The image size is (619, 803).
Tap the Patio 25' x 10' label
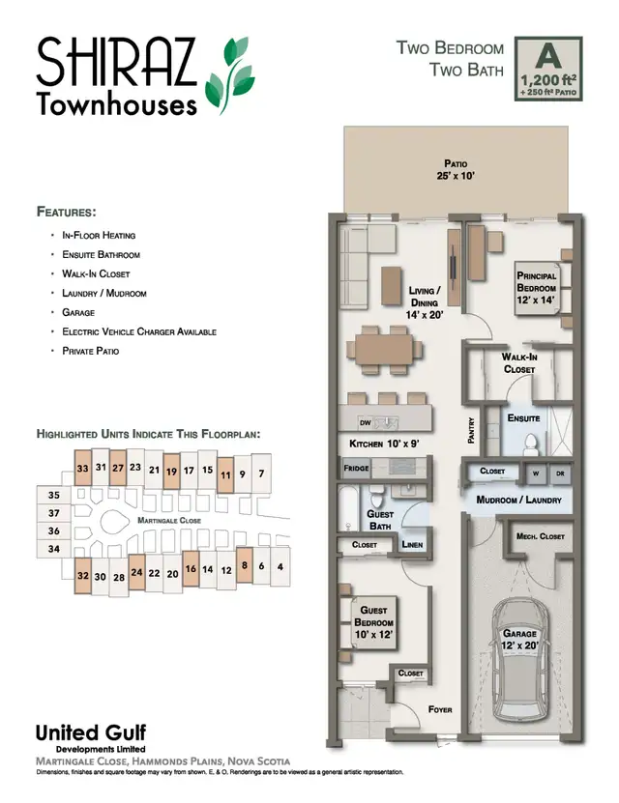pyautogui.click(x=456, y=170)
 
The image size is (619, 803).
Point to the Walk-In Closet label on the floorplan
pyautogui.click(x=519, y=362)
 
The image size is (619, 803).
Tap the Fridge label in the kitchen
pyautogui.click(x=356, y=469)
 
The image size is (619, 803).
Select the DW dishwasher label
pyautogui.click(x=366, y=423)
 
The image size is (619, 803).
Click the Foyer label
pyautogui.click(x=439, y=710)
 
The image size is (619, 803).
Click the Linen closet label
pyautogui.click(x=411, y=545)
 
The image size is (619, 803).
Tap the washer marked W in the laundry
pyautogui.click(x=534, y=473)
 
